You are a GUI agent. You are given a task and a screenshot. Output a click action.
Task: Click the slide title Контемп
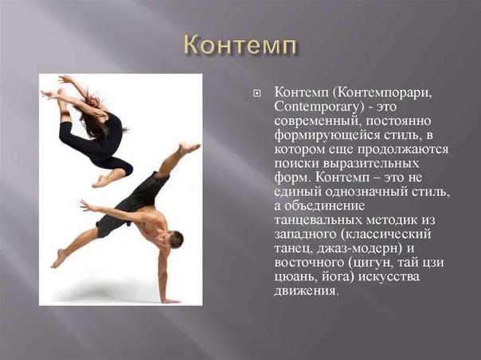(240, 46)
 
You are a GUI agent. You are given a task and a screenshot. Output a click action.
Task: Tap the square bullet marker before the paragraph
(256, 93)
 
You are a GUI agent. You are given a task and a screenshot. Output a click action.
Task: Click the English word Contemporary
(317, 108)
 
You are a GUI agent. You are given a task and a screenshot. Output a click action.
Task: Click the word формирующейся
(327, 135)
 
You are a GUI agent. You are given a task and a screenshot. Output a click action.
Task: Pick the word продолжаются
(402, 150)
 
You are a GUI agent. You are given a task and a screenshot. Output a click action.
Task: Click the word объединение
(325, 206)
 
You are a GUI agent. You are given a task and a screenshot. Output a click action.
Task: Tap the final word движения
(307, 292)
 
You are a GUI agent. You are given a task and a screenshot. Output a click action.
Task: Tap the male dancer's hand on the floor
(170, 301)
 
